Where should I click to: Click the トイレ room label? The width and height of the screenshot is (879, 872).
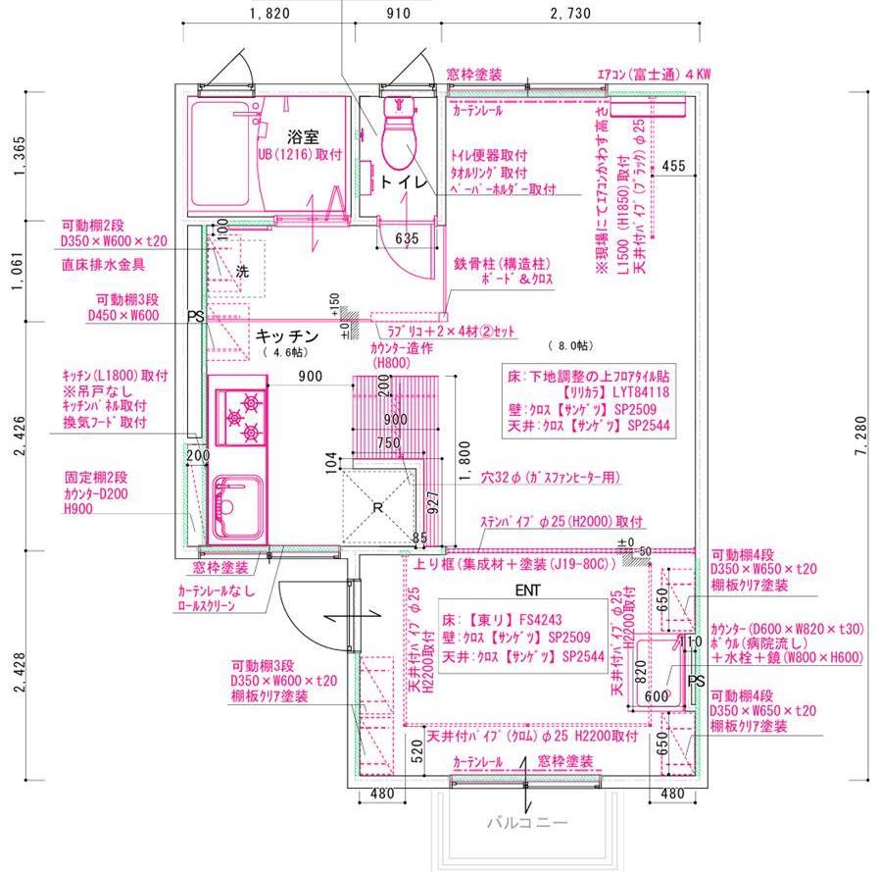point(404,182)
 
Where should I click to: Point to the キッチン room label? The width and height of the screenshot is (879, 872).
point(287,335)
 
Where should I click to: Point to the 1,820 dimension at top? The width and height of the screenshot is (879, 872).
point(269,14)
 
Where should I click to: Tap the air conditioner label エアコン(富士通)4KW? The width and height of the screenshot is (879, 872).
point(654,74)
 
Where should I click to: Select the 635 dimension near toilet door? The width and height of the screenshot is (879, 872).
point(407,237)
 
